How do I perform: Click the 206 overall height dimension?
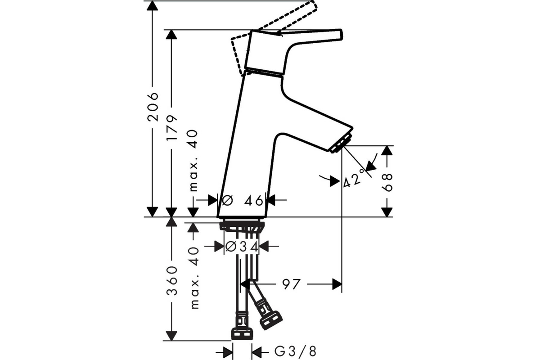pyautogui.click(x=153, y=106)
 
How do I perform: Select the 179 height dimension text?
pyautogui.click(x=171, y=128)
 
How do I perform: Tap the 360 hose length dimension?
pyautogui.click(x=171, y=281)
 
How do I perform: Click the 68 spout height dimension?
pyautogui.click(x=387, y=183)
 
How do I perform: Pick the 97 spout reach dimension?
pyautogui.click(x=292, y=284)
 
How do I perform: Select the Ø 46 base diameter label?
pyautogui.click(x=242, y=200)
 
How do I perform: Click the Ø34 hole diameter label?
pyautogui.click(x=242, y=247)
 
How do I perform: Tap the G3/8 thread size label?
pyautogui.click(x=296, y=351)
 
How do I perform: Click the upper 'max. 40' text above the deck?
pyautogui.click(x=193, y=161)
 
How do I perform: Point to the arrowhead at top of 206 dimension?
pyautogui.click(x=153, y=6)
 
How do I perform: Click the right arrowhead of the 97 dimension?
pyautogui.click(x=337, y=284)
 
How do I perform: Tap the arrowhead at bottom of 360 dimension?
pyautogui.click(x=171, y=336)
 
